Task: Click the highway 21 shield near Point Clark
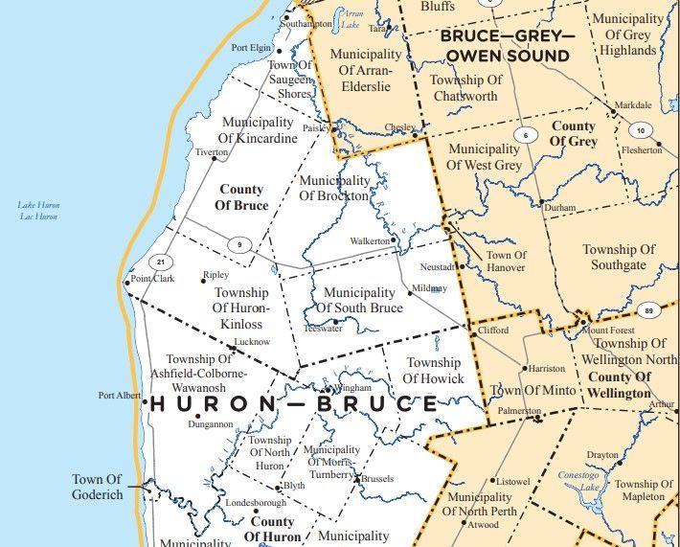click(x=162, y=262)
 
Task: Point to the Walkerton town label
click(x=370, y=240)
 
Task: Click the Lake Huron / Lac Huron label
click(x=38, y=211)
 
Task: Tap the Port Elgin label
click(x=251, y=48)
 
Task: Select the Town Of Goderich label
click(x=97, y=487)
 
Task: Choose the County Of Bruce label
click(x=240, y=197)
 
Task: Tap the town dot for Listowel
click(x=493, y=480)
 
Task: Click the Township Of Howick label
click(x=434, y=370)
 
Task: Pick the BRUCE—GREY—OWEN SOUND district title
click(x=505, y=45)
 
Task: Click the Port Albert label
click(x=120, y=395)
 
